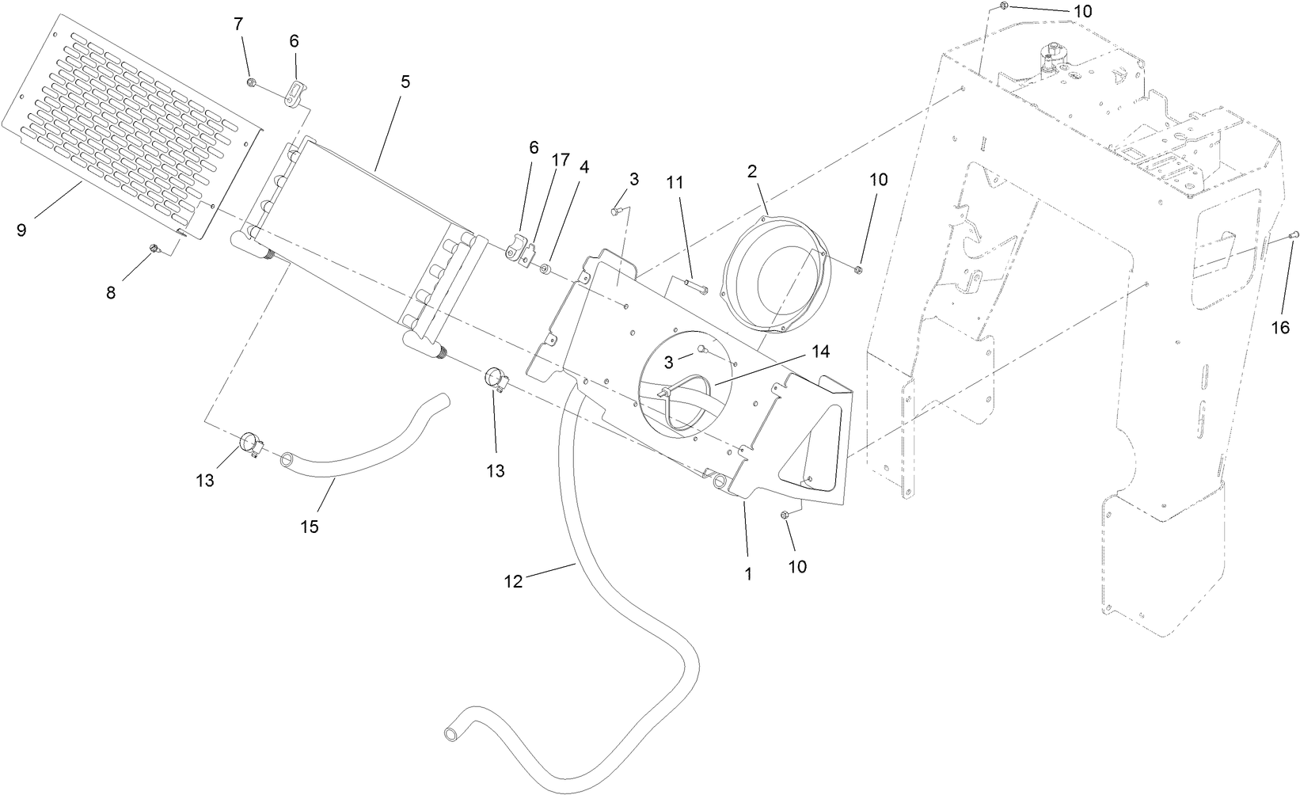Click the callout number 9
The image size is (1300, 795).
point(21,230)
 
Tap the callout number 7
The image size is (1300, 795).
point(238,24)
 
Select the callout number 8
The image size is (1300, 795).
point(111,292)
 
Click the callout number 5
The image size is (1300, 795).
point(405,82)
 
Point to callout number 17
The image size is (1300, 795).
point(561,160)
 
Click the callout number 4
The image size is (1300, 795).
point(584,168)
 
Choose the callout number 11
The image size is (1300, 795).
point(674,182)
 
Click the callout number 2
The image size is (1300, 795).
point(752,171)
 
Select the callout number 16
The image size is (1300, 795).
point(1280,327)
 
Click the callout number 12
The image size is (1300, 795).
point(513,582)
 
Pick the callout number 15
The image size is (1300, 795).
point(310,527)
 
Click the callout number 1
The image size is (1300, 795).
point(748,573)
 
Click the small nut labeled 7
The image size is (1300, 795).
point(251,82)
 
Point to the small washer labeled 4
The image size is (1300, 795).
point(545,271)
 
